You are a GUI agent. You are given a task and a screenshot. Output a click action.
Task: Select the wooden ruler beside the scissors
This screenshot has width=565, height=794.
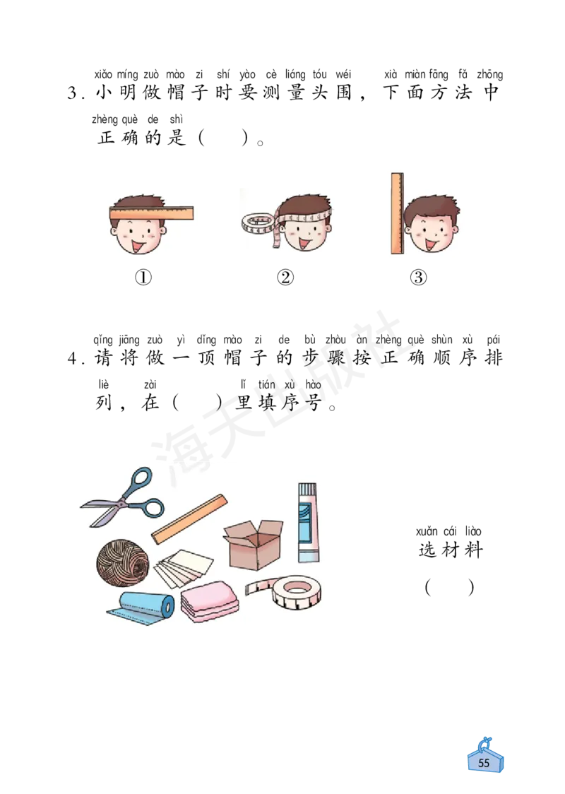(x=189, y=519)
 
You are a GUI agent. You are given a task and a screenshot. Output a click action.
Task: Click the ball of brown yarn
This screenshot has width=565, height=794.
(x=123, y=562)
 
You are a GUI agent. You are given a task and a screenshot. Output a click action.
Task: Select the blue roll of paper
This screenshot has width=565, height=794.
(x=145, y=607)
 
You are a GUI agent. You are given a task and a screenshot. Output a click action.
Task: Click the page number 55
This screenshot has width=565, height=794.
(x=484, y=763)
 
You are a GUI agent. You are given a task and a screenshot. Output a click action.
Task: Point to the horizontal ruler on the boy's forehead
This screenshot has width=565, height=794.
(x=151, y=213)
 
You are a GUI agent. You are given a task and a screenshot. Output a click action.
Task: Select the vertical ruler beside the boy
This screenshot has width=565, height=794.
(x=397, y=213)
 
